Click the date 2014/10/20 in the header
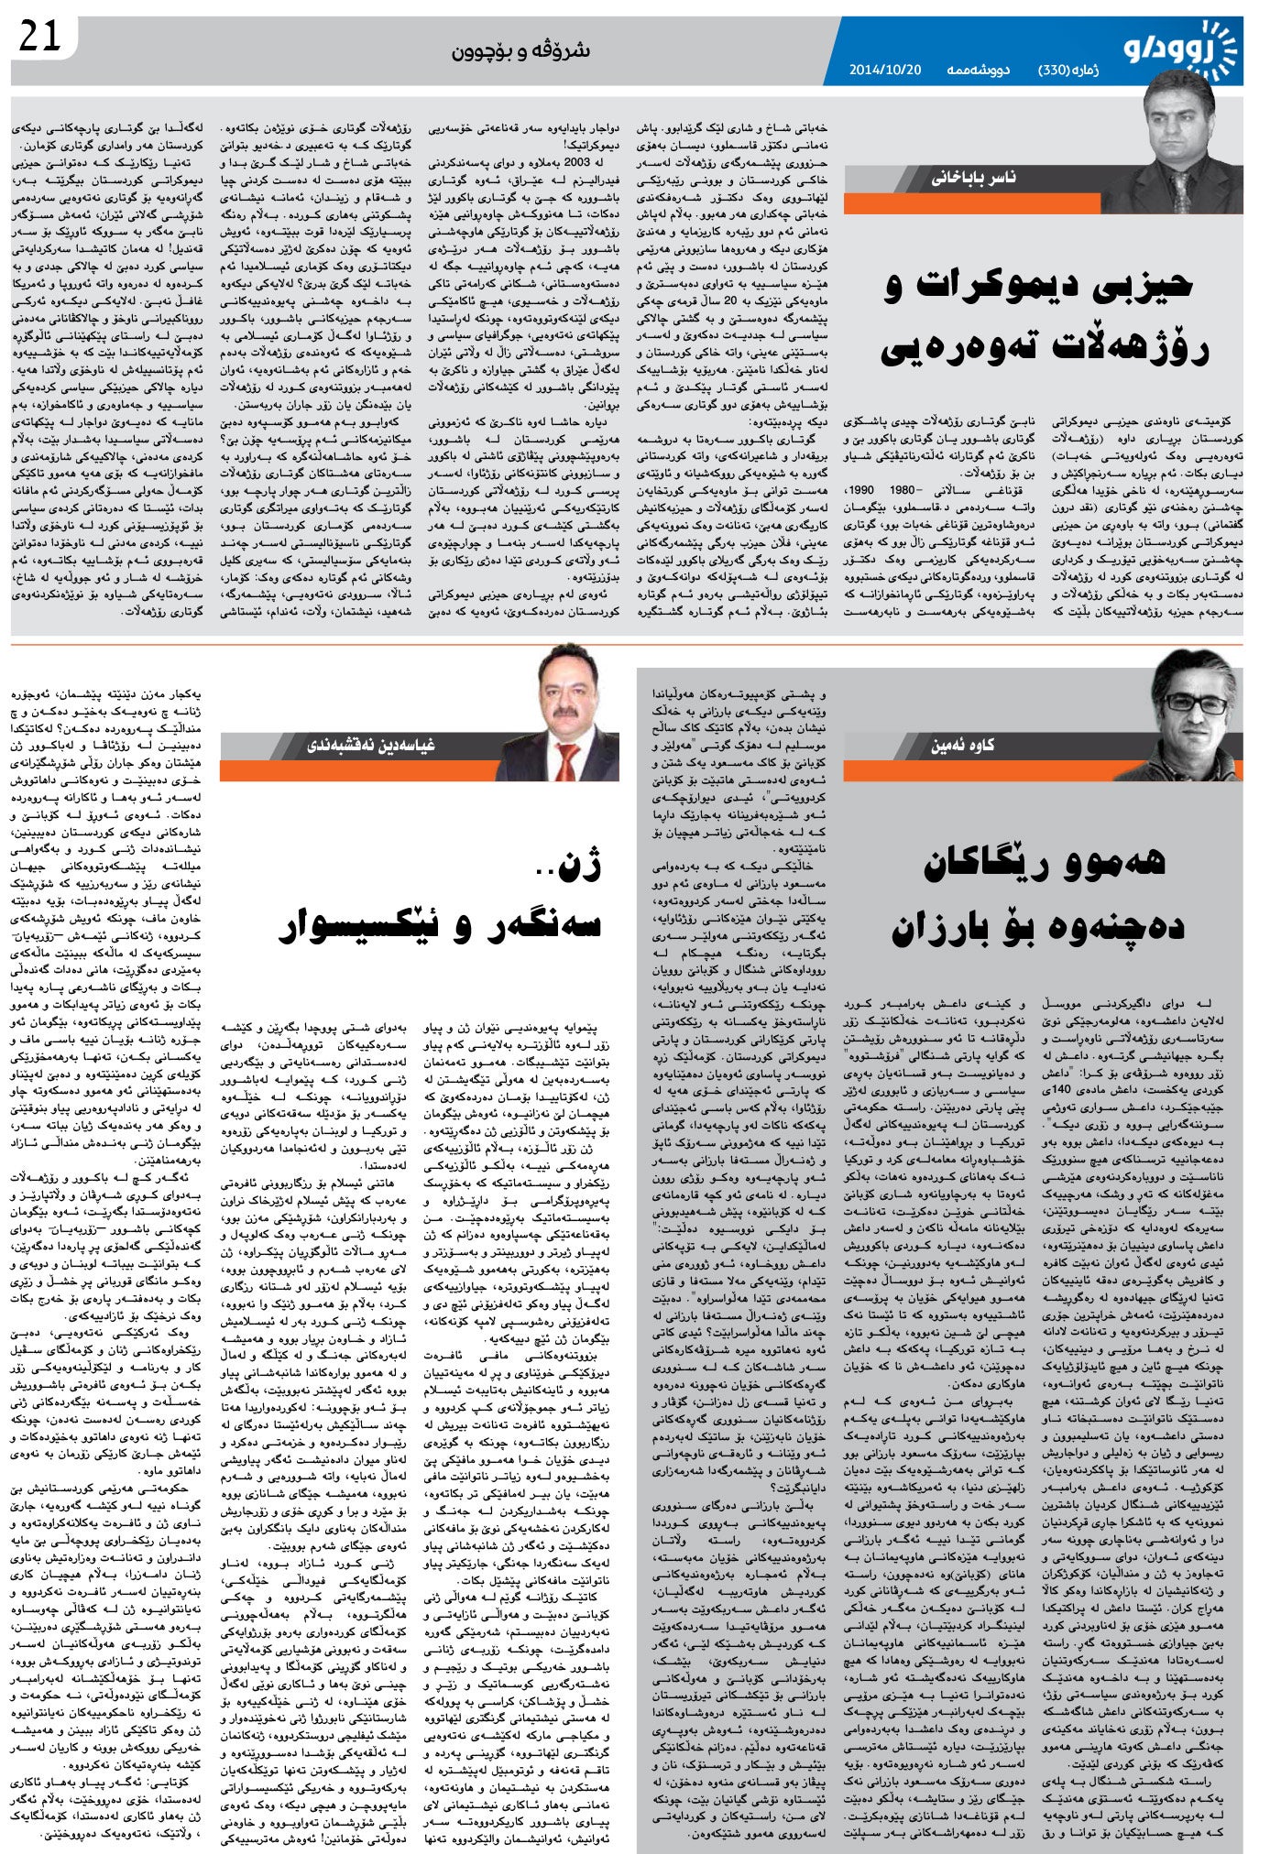coord(884,70)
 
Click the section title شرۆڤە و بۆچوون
coord(520,50)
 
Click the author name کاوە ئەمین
coord(963,745)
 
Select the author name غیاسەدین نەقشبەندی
coord(371,745)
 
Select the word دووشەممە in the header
coord(978,70)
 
